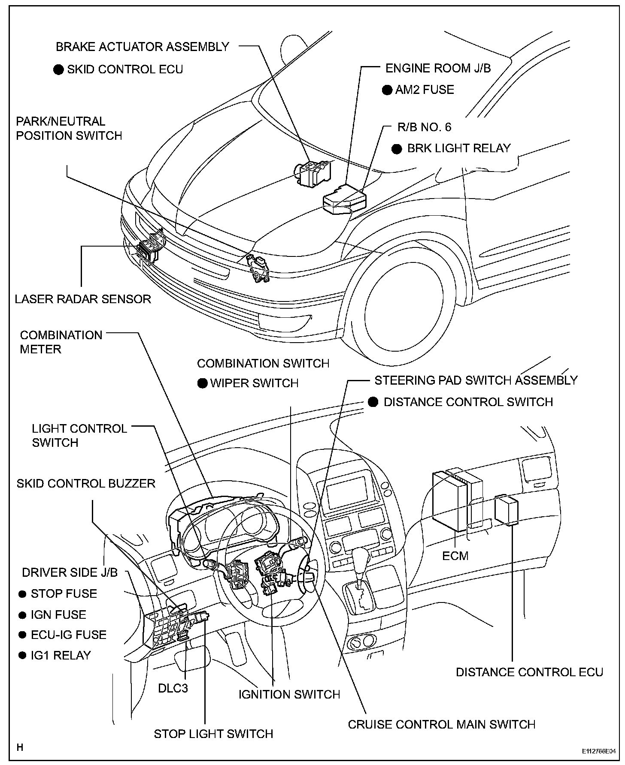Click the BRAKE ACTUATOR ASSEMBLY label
143,47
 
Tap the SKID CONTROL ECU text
125,69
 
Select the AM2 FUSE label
424,90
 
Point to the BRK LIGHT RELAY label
458,148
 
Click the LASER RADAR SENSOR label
83,299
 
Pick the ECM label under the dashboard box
455,556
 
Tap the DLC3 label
173,688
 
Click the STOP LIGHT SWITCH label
213,734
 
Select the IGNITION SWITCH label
289,706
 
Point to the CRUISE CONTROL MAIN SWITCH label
441,725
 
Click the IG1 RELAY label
61,655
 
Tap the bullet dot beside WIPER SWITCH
203,383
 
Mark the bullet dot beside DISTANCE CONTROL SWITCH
373,402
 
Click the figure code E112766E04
598,752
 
